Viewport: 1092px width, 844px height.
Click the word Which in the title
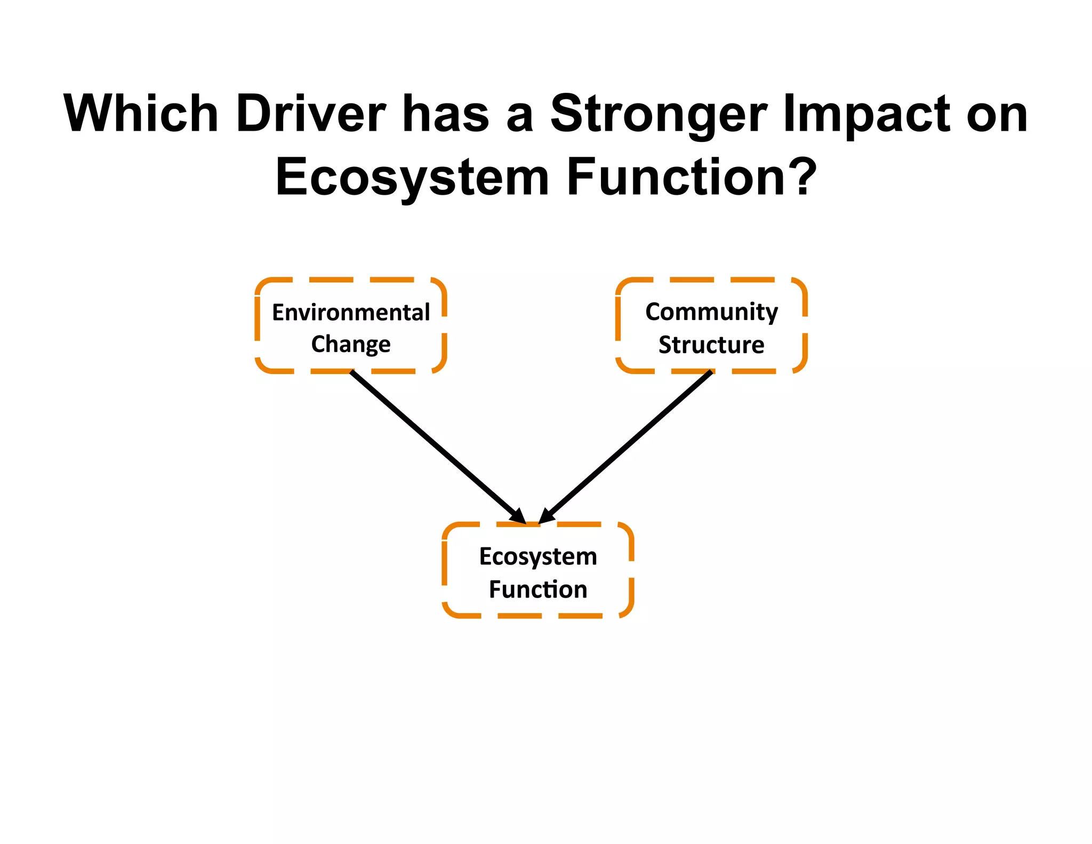pyautogui.click(x=141, y=114)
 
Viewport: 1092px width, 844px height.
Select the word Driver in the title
pyautogui.click(x=311, y=114)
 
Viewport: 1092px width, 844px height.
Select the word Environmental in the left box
pyautogui.click(x=351, y=312)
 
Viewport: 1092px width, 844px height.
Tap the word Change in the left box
pyautogui.click(x=351, y=345)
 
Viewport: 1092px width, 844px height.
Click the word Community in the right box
pyautogui.click(x=711, y=312)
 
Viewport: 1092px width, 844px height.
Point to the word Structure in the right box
pyautogui.click(x=711, y=345)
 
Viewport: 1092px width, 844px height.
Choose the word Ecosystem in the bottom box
pyautogui.click(x=538, y=556)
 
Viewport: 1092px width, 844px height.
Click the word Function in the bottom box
pyautogui.click(x=538, y=590)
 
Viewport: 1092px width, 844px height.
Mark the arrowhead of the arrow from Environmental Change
pyautogui.click(x=519, y=516)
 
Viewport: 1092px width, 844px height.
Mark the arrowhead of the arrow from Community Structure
pyautogui.click(x=547, y=516)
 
